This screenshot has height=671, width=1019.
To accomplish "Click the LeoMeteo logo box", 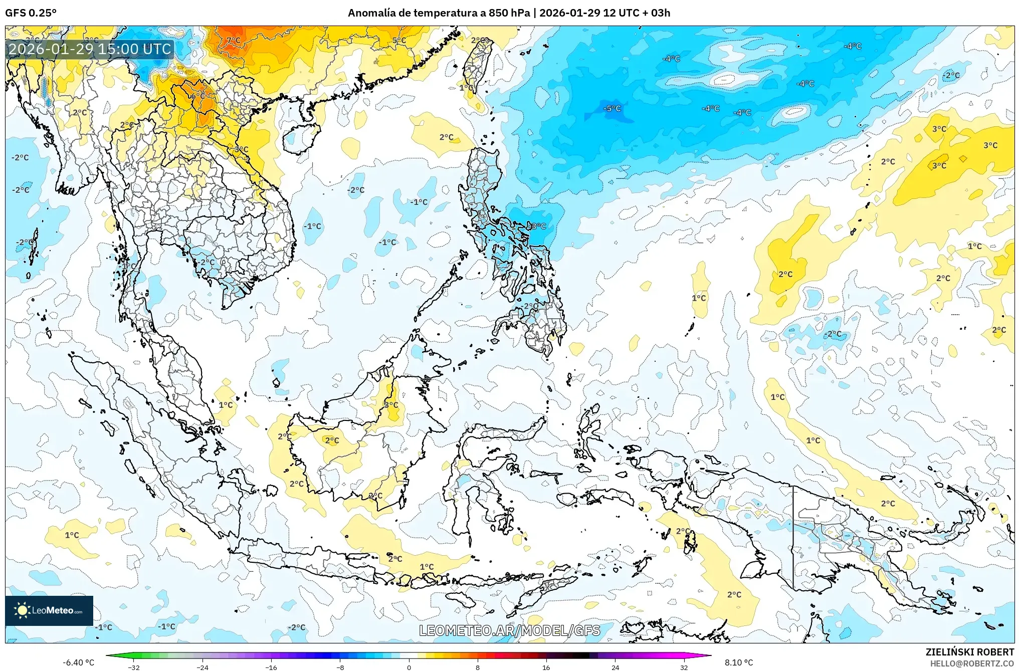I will click(x=49, y=610).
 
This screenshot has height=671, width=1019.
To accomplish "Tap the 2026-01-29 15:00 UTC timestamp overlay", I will click(x=90, y=49).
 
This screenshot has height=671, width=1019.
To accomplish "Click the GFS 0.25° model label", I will click(x=31, y=13).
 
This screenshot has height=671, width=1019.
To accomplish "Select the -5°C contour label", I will click(x=612, y=108).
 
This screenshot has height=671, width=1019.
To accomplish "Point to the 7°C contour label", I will click(x=234, y=40).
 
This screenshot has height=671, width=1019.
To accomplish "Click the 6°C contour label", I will click(x=197, y=96).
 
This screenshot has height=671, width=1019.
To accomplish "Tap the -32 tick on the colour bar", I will click(x=134, y=667).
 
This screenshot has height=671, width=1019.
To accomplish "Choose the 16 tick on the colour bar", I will click(x=546, y=667).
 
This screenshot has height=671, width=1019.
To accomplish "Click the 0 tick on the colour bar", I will click(x=409, y=667).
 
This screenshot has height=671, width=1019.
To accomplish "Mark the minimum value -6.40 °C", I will click(x=78, y=662).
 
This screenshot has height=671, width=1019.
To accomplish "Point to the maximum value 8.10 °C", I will click(x=739, y=662).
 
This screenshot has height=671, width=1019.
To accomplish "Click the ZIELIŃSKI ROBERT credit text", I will click(x=969, y=652).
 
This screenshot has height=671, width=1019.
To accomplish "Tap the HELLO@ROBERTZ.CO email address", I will click(x=972, y=663).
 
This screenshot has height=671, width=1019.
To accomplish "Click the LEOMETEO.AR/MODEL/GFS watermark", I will click(x=509, y=630).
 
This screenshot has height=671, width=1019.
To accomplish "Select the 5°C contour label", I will click(x=399, y=40).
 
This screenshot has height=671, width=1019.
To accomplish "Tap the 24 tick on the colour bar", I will click(x=615, y=667).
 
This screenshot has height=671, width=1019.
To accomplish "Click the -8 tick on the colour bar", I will click(x=340, y=667).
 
